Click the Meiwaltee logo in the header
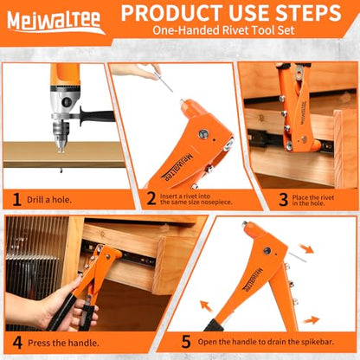[x=55, y=22]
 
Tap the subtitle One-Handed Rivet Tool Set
[x=223, y=30]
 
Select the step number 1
[x=16, y=200]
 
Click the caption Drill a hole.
[x=49, y=200]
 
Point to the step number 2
[x=151, y=199]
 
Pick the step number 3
[x=284, y=200]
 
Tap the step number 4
[x=17, y=343]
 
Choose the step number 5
[x=186, y=342]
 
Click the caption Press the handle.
[x=63, y=343]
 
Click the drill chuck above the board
[x=61, y=136]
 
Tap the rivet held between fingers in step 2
[x=164, y=82]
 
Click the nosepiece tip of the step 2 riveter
[x=183, y=101]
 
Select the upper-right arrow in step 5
[x=305, y=248]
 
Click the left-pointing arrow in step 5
[x=206, y=306]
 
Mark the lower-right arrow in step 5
[x=312, y=320]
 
